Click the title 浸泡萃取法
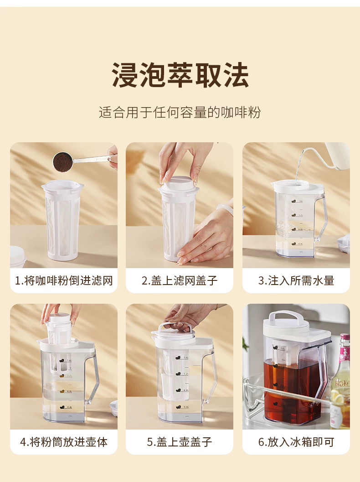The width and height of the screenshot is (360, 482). tap(180, 75)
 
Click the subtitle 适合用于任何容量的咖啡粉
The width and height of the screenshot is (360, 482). tap(180, 113)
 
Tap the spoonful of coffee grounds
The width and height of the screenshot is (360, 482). tap(63, 162)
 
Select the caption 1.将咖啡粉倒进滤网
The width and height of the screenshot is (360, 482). tap(64, 280)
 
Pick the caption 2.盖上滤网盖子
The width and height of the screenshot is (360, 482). tap(180, 280)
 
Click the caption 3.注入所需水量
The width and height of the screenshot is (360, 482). tap(296, 280)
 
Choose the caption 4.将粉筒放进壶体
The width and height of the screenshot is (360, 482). tap(64, 442)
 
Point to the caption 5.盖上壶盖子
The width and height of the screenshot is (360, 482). tap(180, 442)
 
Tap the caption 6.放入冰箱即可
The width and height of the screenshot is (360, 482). tap(296, 442)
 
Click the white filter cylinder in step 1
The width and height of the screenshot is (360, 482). tap(63, 220)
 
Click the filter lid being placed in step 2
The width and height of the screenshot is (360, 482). tap(179, 183)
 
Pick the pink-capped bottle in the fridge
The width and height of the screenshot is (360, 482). tap(341, 381)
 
